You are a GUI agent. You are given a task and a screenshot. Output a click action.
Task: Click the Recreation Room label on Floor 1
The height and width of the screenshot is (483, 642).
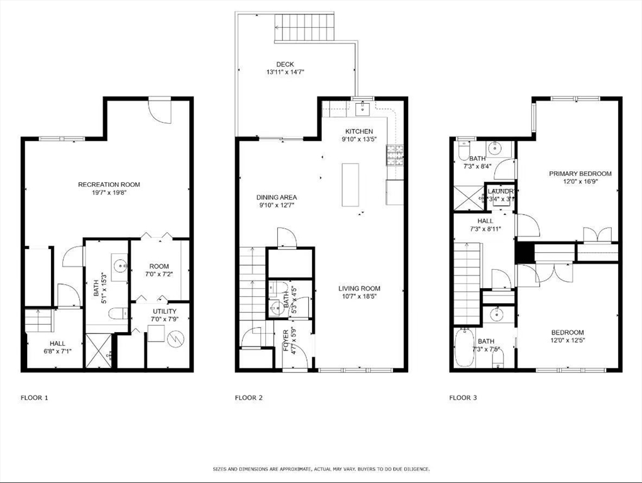coord(109,184)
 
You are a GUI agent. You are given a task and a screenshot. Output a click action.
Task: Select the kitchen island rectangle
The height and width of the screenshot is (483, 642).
coord(350,184)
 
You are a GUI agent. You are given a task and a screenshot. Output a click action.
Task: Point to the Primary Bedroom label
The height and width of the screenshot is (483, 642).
coord(580,174)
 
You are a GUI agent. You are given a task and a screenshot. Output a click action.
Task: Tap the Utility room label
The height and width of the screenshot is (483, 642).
coord(165,311)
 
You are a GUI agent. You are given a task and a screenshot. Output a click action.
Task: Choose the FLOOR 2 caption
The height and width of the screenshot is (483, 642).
coord(248,397)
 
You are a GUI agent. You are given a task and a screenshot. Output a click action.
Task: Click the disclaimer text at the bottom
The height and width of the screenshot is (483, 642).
coord(321,469)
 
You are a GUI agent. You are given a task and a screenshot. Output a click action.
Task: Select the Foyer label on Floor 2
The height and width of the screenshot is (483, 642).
coord(286,340)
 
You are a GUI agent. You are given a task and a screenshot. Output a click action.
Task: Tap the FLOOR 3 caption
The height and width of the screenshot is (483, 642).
coord(463,397)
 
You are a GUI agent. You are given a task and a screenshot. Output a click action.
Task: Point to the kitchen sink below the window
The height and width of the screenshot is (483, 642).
coord(363,109)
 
